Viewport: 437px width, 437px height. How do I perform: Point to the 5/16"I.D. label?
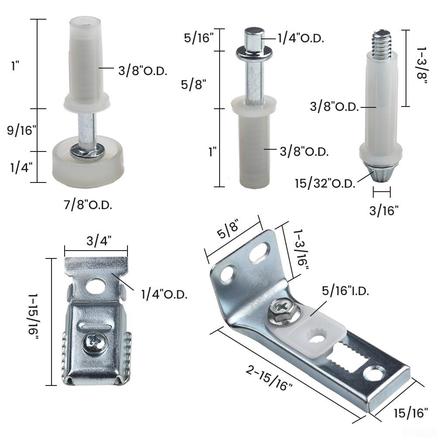345,291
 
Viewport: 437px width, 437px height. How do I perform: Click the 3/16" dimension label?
384,211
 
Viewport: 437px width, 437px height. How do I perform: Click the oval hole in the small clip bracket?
95,286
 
